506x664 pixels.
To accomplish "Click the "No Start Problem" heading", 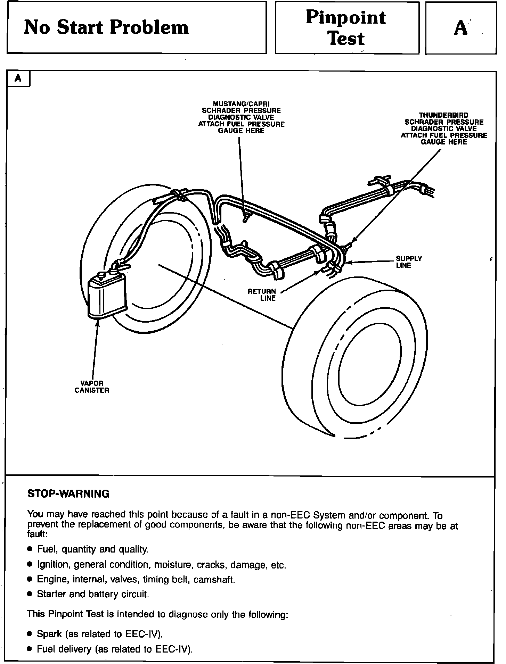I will tap(106, 27).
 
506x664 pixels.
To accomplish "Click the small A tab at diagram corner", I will tap(18, 78).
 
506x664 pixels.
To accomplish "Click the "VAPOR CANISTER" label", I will tap(92, 387).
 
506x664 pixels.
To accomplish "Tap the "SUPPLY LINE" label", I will tap(409, 262).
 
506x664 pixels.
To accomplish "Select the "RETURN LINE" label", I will tap(262, 294).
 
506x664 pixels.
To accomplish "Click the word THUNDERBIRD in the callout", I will tap(443, 115).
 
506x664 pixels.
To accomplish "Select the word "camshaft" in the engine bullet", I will tap(214, 580).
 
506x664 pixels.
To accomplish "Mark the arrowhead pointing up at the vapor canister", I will tap(98, 323).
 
